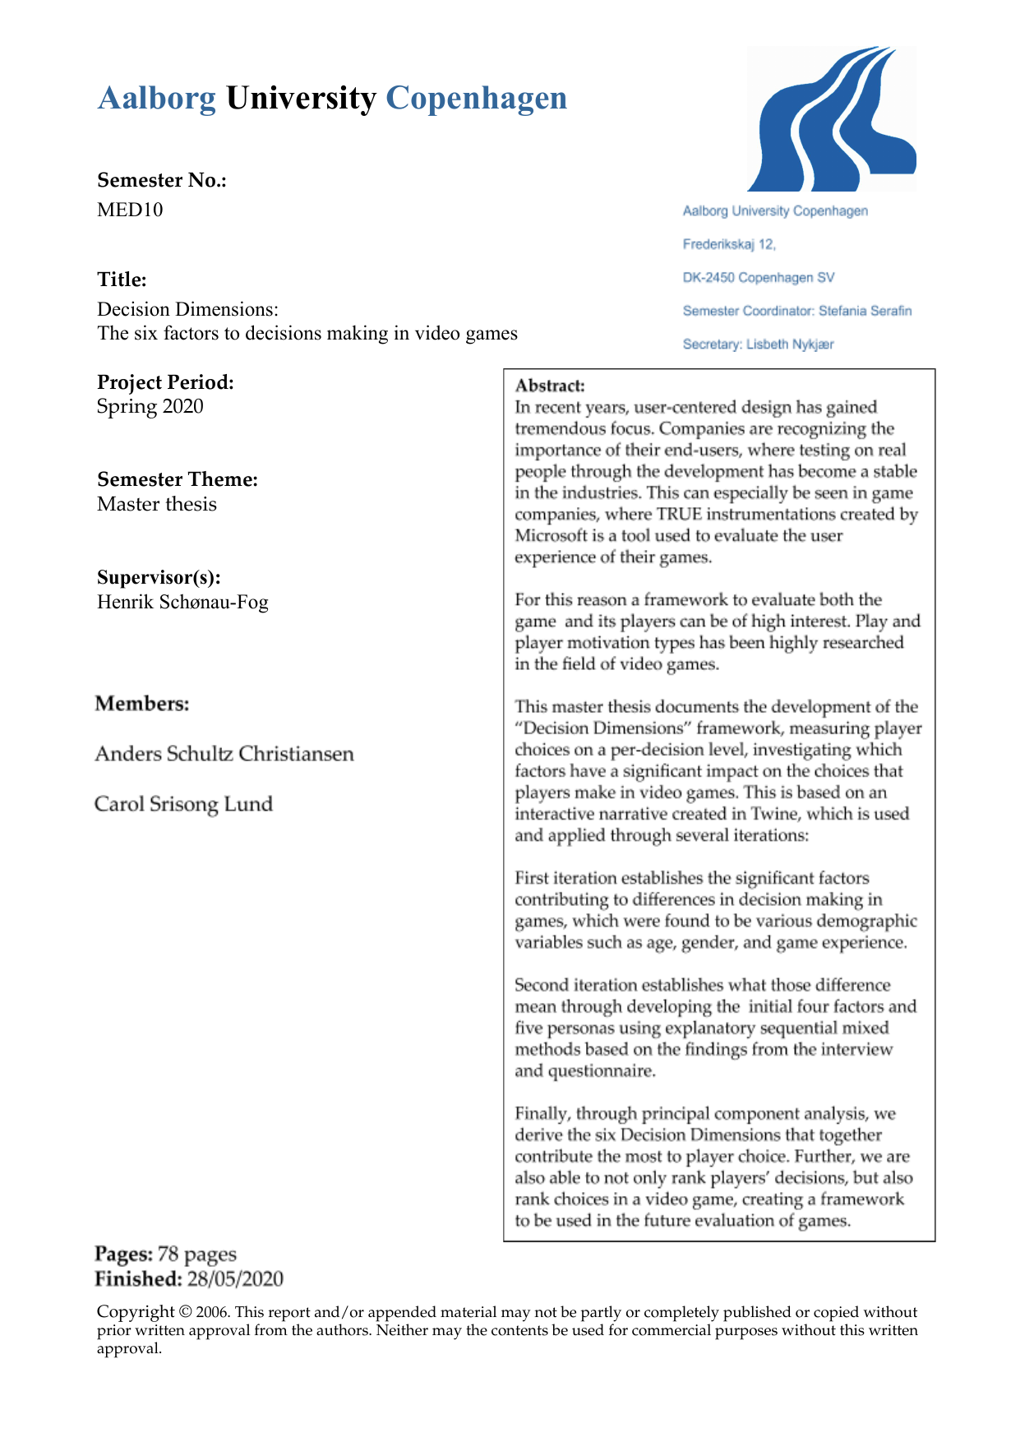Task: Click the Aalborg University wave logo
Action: pyautogui.click(x=831, y=120)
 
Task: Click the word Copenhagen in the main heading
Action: pyautogui.click(x=476, y=99)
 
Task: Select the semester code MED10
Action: pyautogui.click(x=130, y=210)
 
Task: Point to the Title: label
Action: pyautogui.click(x=122, y=280)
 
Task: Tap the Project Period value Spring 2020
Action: pyautogui.click(x=150, y=406)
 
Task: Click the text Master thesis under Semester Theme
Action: pyautogui.click(x=156, y=504)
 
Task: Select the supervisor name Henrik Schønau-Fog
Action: pyautogui.click(x=182, y=602)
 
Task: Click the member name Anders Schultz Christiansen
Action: pyautogui.click(x=224, y=754)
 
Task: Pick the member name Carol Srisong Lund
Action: pyautogui.click(x=183, y=803)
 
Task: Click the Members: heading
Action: pyautogui.click(x=141, y=704)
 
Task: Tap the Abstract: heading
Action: pyautogui.click(x=550, y=386)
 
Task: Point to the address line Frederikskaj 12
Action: pyautogui.click(x=728, y=244)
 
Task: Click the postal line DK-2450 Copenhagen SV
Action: pyautogui.click(x=758, y=278)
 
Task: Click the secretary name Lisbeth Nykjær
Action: pyautogui.click(x=790, y=344)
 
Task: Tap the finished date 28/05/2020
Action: pyautogui.click(x=235, y=1279)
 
